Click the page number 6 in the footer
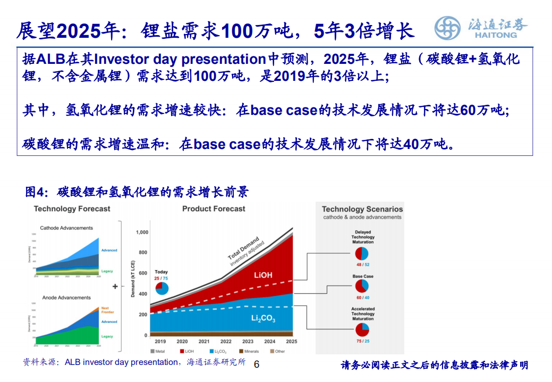click(257, 364)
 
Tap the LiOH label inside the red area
click(263, 275)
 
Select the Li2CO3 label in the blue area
click(263, 319)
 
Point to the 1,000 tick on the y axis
click(142, 232)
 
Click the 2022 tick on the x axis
click(226, 342)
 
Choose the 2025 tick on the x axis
click(291, 342)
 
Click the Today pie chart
click(161, 288)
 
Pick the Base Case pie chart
click(363, 287)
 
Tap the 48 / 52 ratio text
click(363, 264)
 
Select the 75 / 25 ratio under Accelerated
click(363, 341)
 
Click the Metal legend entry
click(158, 352)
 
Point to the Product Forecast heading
click(214, 209)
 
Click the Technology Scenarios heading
click(362, 210)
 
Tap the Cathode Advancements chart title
click(66, 228)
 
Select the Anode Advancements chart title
click(66, 298)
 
